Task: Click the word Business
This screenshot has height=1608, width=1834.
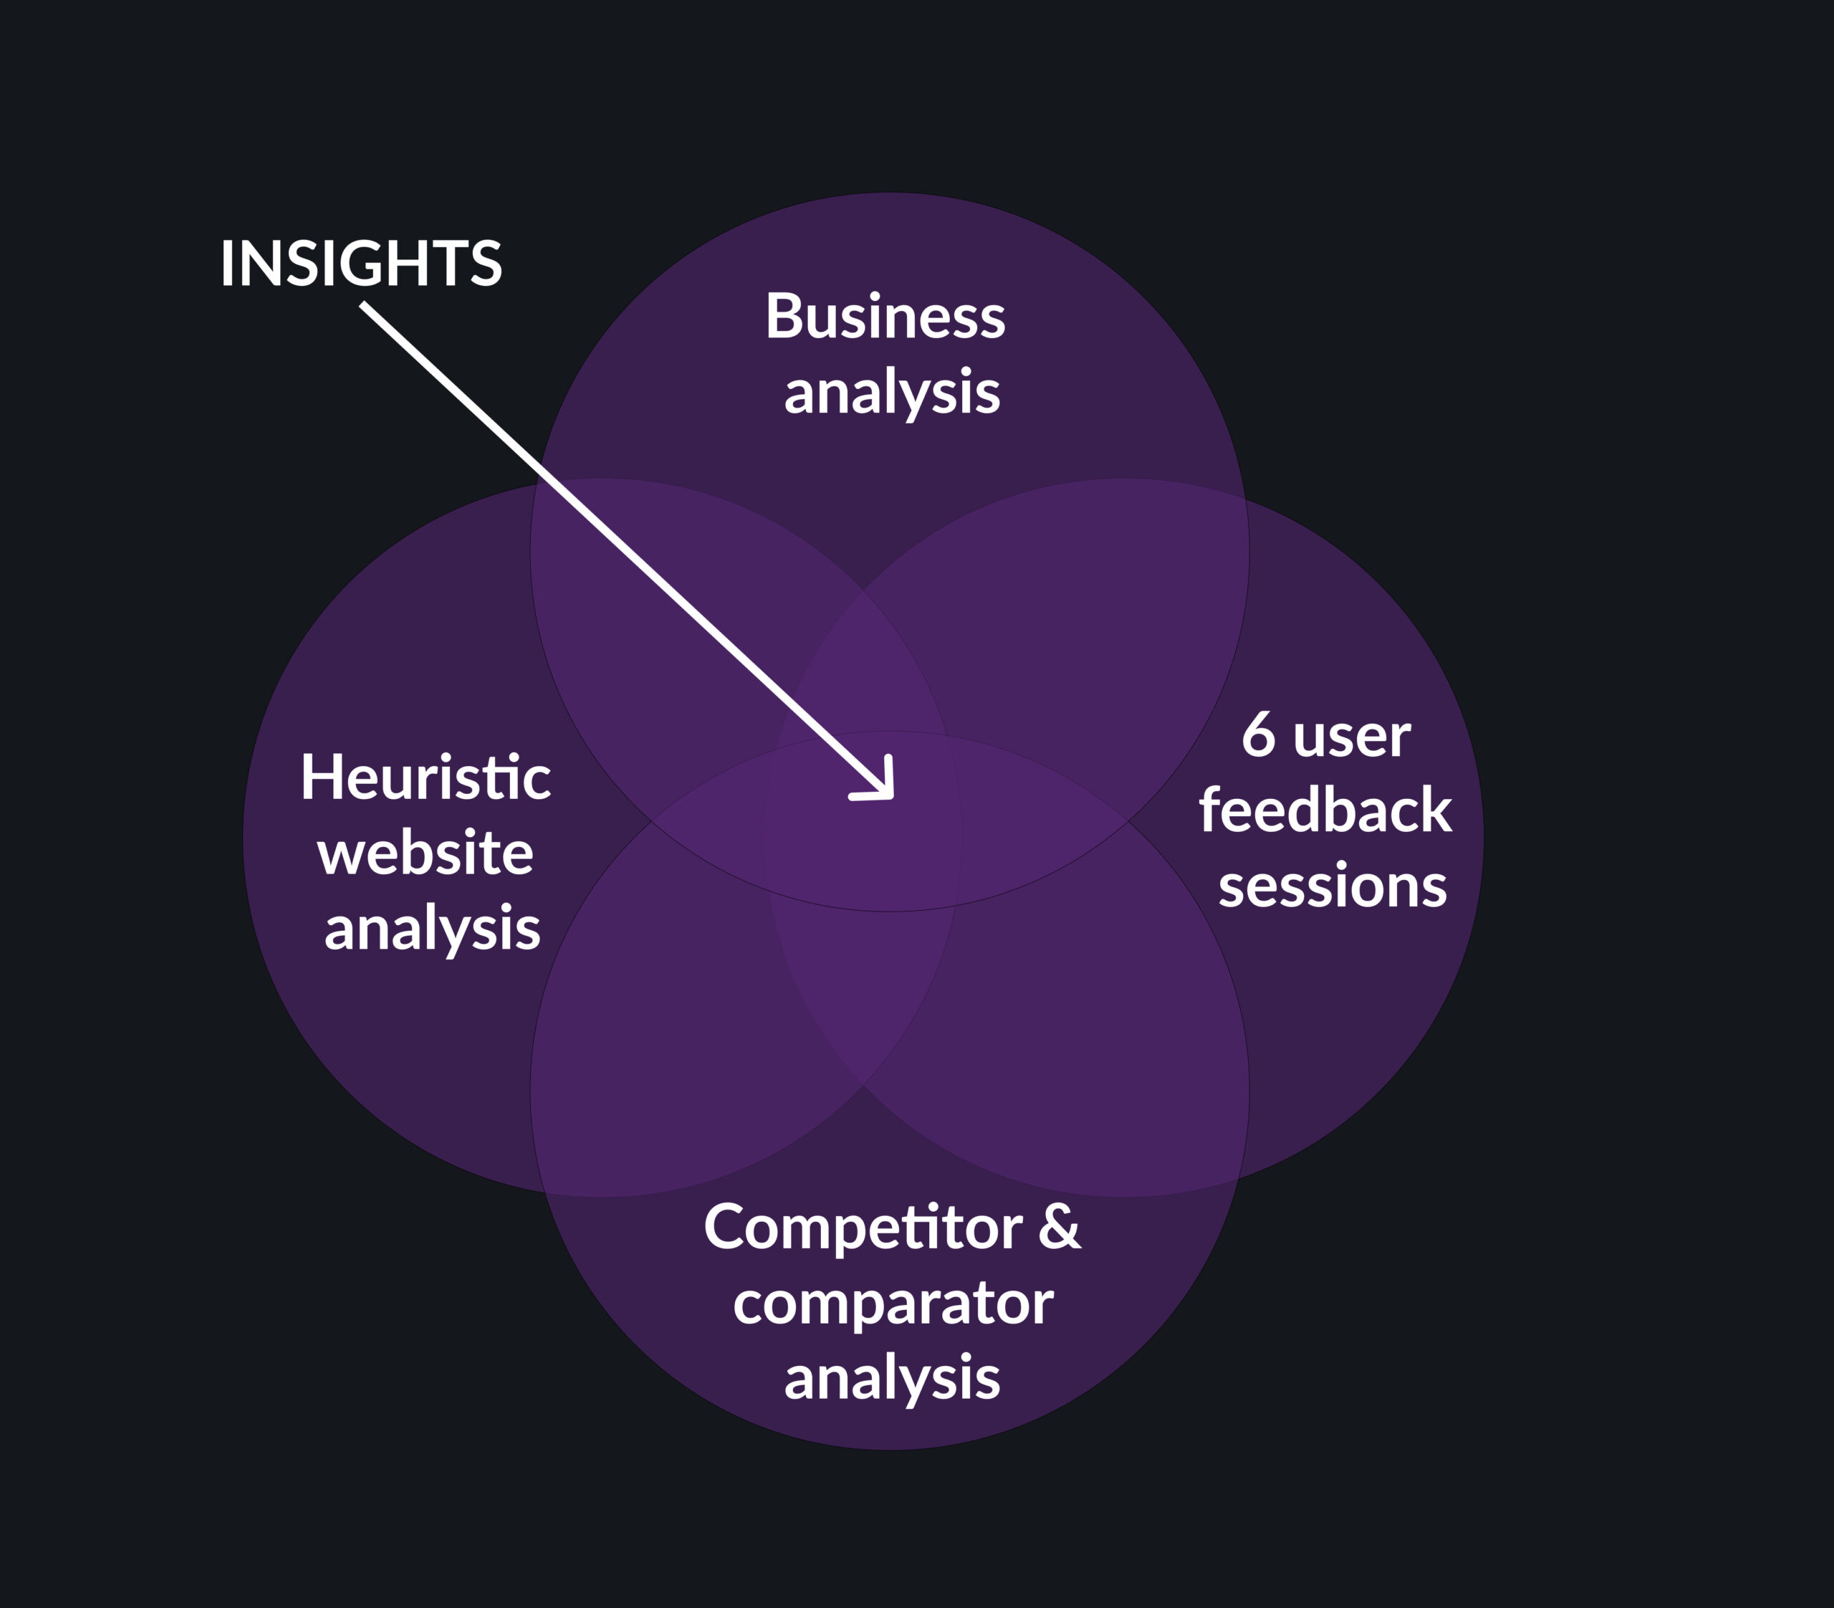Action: coord(885,317)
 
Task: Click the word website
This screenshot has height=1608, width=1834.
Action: coord(426,853)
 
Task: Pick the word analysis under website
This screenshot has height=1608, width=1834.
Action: coord(433,929)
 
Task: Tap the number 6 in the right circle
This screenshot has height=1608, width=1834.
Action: coord(1259,735)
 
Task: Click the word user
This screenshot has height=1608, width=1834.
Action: coord(1352,739)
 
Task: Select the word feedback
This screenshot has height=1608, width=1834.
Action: coord(1325,810)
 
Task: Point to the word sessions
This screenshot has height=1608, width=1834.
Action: coord(1333,886)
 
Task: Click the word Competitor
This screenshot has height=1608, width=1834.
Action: coord(863,1227)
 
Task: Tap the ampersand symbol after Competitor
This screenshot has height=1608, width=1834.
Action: coord(1060,1227)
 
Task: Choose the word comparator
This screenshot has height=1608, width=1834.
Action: coord(893,1303)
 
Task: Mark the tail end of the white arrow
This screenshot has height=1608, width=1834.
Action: coord(363,305)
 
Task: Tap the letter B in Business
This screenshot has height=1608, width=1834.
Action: coord(782,317)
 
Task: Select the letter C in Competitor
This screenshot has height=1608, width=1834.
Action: coord(725,1227)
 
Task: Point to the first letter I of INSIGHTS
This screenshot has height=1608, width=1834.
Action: coord(226,264)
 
